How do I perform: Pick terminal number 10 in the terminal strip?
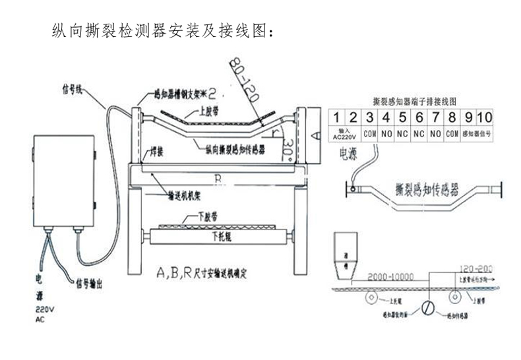click(485, 117)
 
